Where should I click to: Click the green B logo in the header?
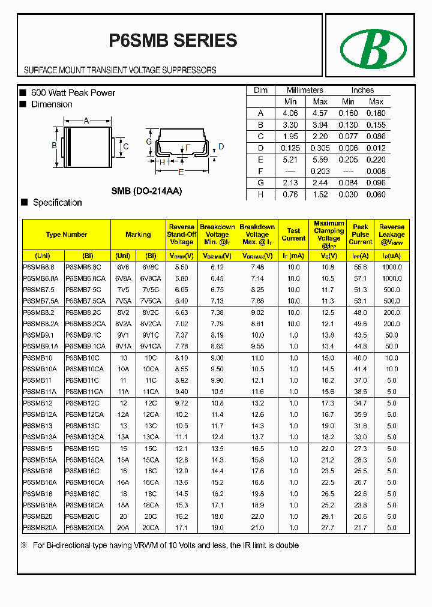373,49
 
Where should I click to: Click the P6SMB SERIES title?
173,40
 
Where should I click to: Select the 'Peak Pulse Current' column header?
361,235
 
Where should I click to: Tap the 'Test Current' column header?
293,235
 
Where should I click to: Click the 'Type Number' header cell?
67,235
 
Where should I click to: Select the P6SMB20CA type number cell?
85,527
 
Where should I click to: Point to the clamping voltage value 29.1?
328,516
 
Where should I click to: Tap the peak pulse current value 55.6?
361,267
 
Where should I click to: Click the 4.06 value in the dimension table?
290,113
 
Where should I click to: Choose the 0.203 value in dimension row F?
320,171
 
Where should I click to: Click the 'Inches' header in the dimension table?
362,90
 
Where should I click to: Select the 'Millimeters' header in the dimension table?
305,90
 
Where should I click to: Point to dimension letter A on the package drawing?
86,121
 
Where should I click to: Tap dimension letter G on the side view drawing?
149,142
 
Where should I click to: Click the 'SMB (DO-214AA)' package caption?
146,191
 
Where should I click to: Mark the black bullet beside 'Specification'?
25,202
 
